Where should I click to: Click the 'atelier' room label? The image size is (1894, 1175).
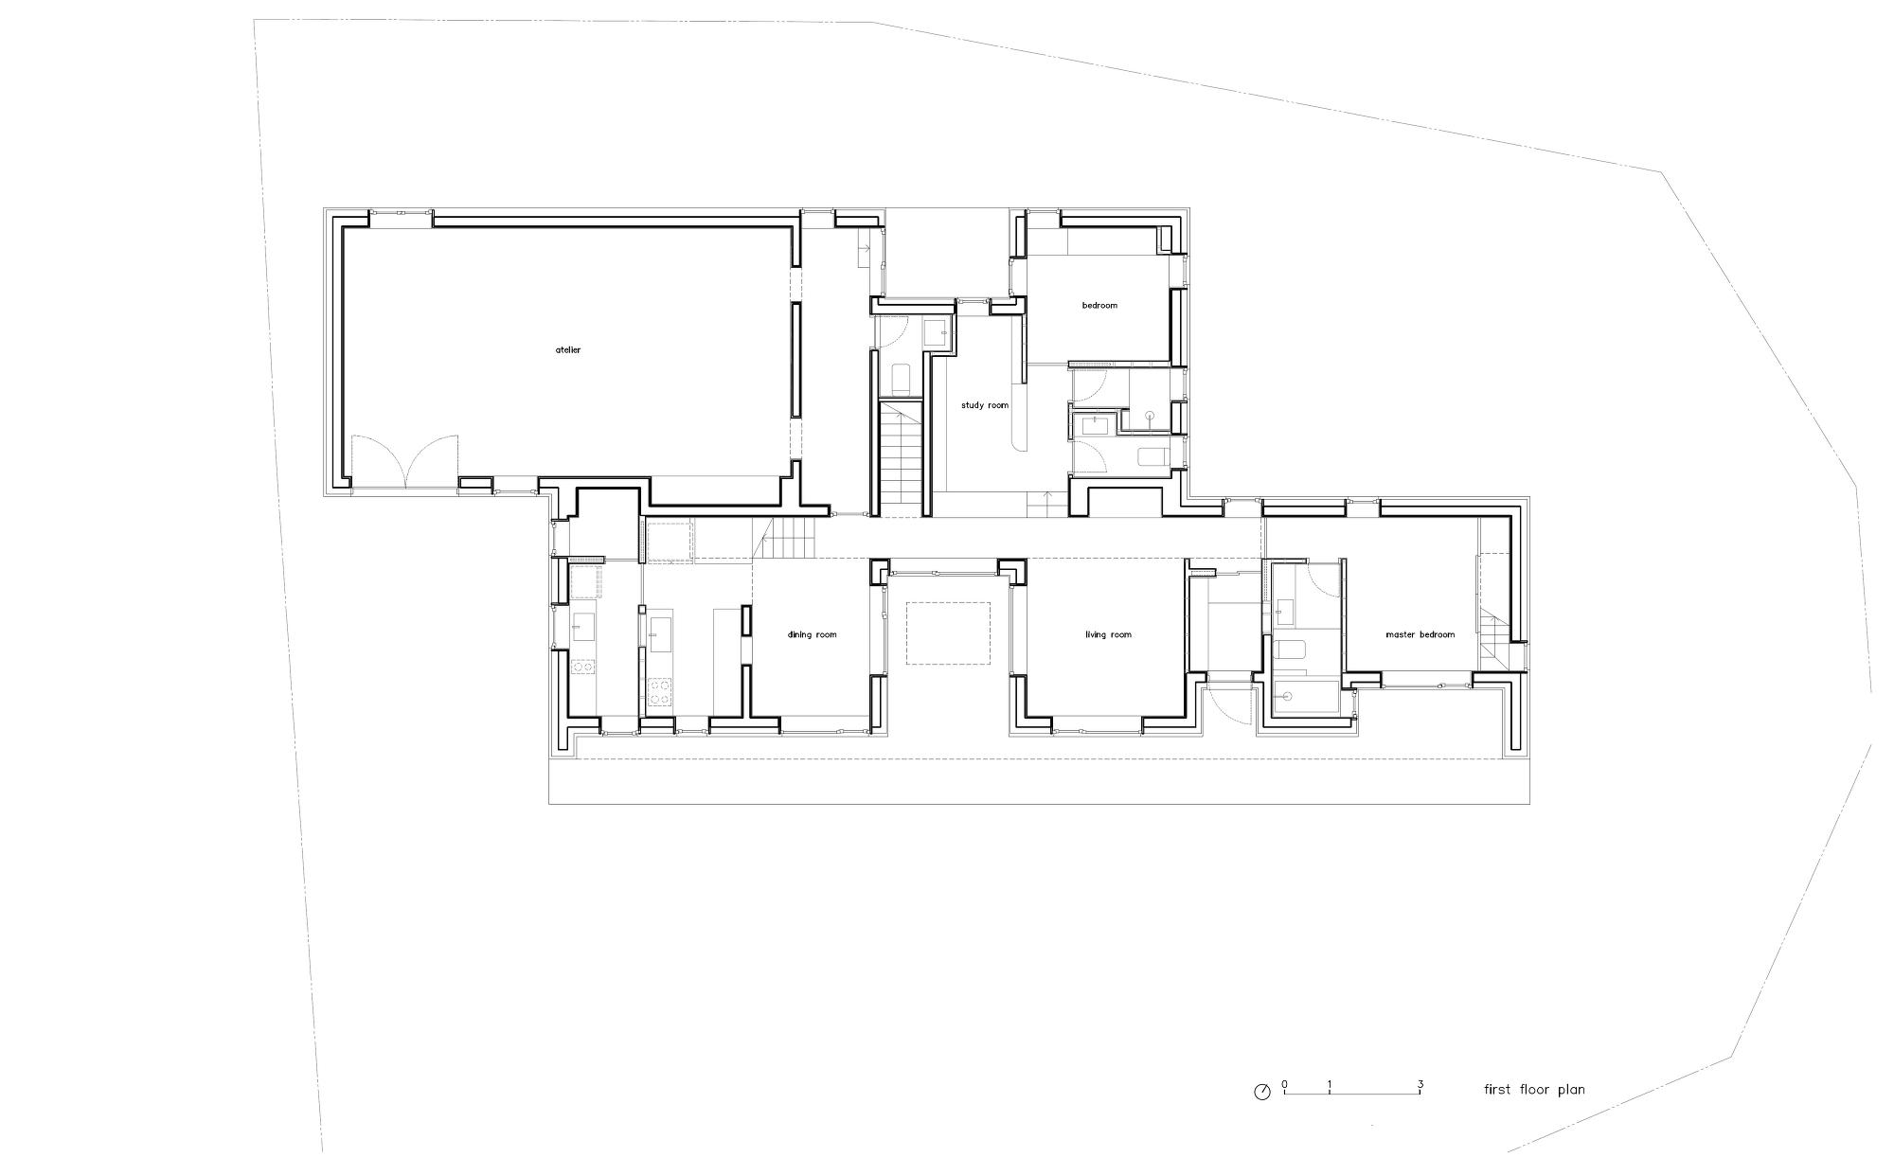568,350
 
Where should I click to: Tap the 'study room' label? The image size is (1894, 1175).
985,405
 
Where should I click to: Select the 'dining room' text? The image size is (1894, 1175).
813,634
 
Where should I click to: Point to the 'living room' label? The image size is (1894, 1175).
1108,634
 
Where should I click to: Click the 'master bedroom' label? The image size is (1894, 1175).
1420,634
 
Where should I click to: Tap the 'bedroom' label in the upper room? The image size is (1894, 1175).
1099,305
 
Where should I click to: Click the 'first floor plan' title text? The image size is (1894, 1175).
1534,1090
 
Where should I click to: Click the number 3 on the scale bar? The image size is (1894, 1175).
1420,1084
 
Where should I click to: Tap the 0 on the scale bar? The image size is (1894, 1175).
1285,1084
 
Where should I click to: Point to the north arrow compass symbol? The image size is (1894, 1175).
1261,1092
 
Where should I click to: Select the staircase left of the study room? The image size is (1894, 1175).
901,459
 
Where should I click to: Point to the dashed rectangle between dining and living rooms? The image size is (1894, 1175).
949,632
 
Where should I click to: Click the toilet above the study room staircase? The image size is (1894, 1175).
901,380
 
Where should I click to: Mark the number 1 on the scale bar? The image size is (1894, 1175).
1331,1084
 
